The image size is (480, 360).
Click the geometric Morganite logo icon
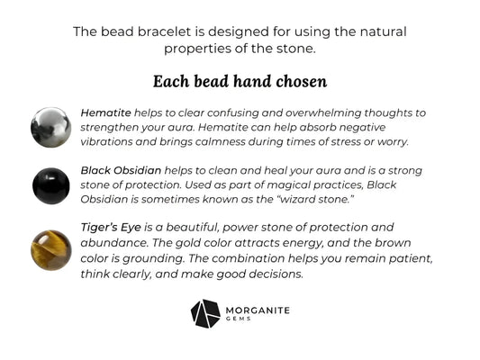(205, 313)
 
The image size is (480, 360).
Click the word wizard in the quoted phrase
(350, 198)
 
